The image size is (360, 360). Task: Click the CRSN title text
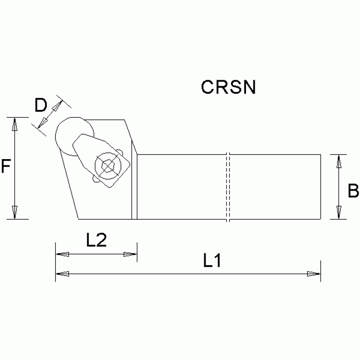point(228,87)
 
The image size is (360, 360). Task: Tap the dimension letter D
point(41,105)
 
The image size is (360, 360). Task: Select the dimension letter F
point(5,166)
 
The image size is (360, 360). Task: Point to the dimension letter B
point(353,191)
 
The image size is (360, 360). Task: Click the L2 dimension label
point(97,240)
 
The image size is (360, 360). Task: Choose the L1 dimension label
point(212,261)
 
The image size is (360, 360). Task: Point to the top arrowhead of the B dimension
point(337,161)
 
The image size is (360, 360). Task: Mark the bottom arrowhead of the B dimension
point(337,213)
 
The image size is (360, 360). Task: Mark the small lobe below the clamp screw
point(96,179)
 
